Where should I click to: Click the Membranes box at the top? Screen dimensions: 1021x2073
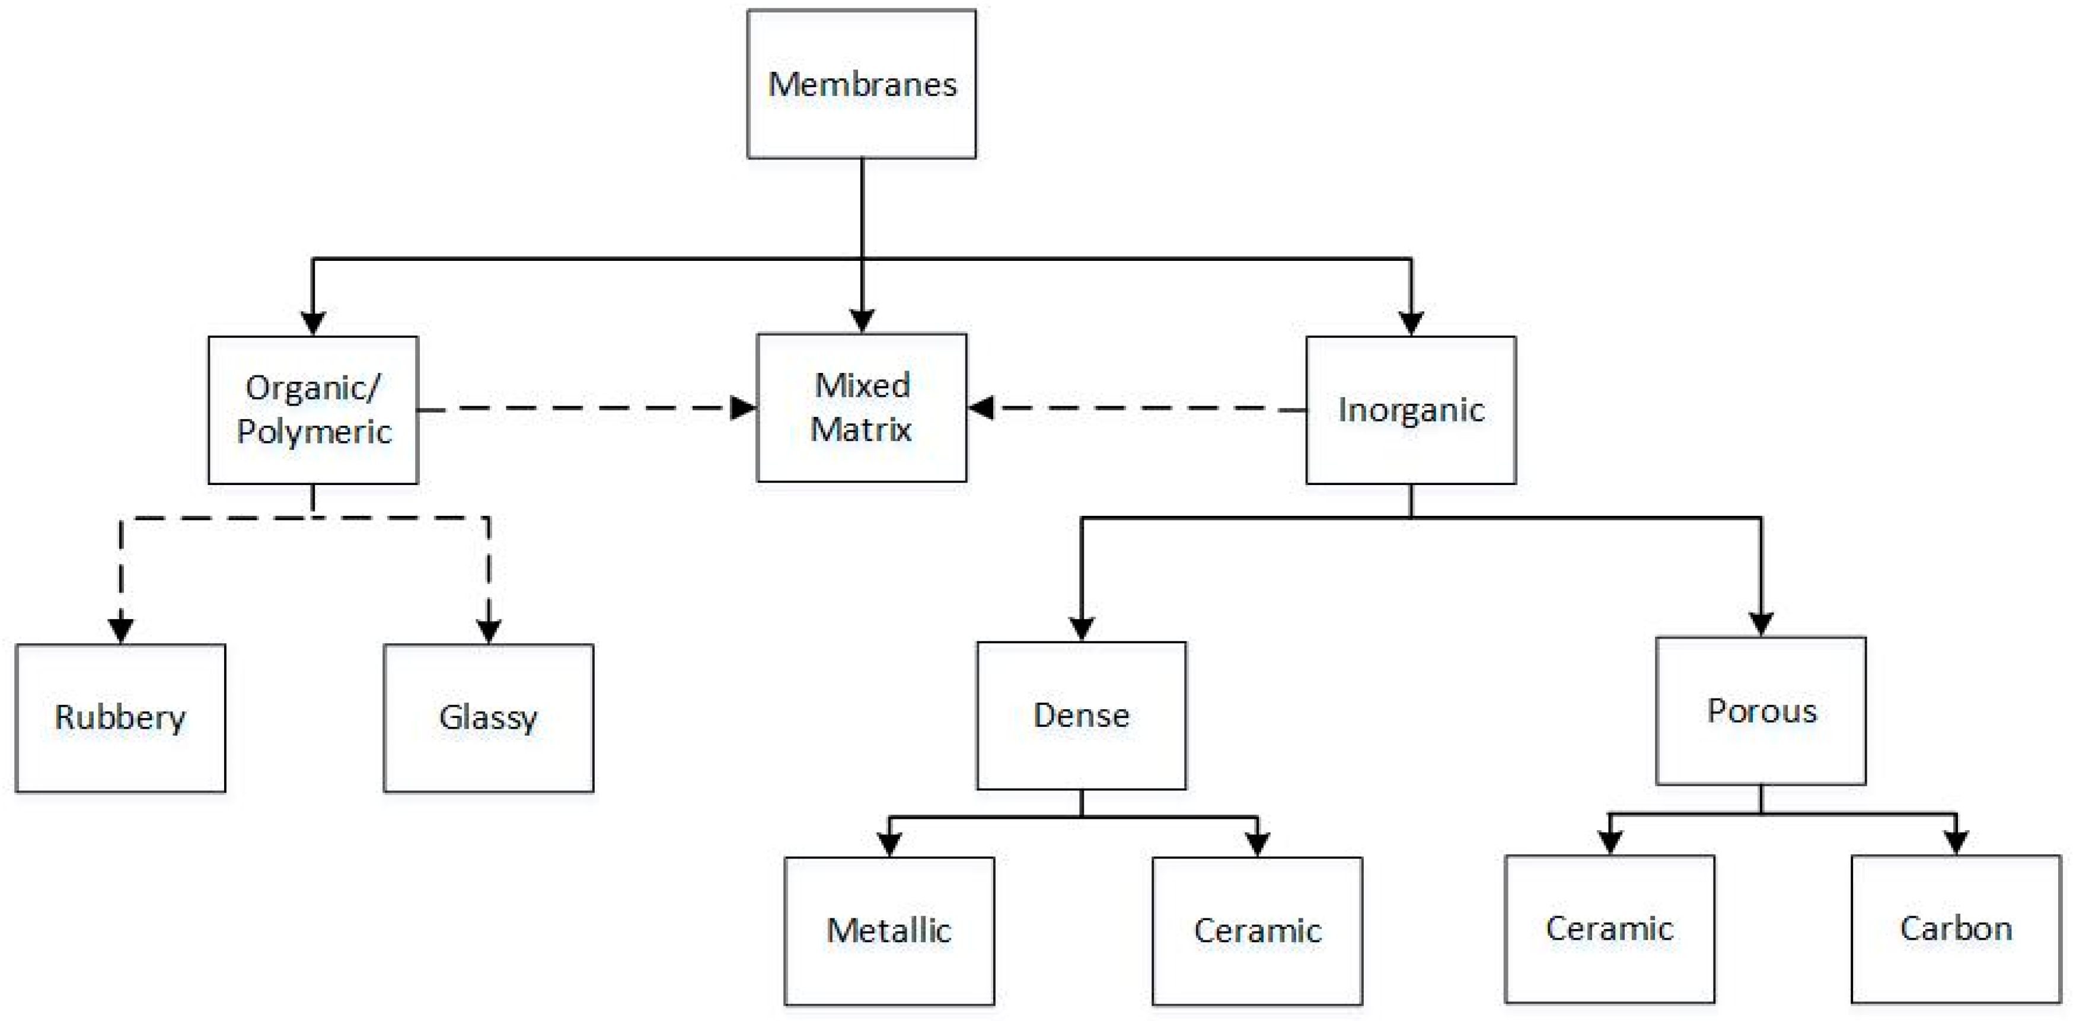[861, 84]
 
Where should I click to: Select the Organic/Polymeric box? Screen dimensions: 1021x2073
[313, 410]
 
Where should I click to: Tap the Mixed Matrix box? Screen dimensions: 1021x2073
[861, 408]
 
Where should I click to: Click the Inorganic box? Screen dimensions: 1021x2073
[1411, 410]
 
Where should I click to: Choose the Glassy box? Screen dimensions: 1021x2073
[489, 717]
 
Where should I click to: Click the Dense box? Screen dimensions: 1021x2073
[1081, 715]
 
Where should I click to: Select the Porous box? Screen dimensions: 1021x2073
[1761, 710]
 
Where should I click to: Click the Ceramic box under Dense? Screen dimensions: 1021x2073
[1257, 931]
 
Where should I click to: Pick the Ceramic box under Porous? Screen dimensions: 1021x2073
[1609, 929]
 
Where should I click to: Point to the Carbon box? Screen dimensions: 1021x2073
[1956, 929]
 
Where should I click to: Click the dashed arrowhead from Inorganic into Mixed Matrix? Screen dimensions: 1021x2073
[981, 408]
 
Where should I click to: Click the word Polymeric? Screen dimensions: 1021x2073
[314, 433]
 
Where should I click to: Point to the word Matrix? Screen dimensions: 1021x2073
[860, 430]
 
